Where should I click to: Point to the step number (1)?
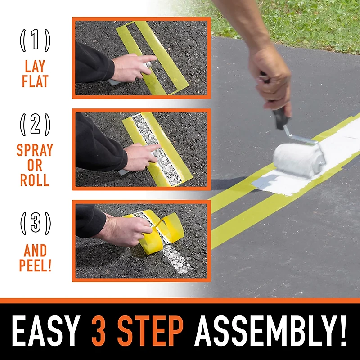tap(35, 41)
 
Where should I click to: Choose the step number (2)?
tap(35, 125)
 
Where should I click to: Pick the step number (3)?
tap(35, 224)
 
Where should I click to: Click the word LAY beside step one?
tap(35, 67)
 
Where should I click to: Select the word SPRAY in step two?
tap(35, 150)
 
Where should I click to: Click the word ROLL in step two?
tap(35, 180)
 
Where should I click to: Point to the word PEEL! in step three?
tap(35, 265)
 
